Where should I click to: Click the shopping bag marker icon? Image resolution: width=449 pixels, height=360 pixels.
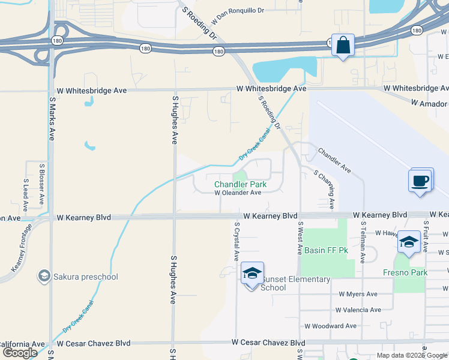tap(342, 46)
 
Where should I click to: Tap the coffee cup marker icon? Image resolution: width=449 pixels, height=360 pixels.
tap(420, 180)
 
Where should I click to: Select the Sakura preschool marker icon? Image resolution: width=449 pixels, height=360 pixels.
tap(44, 277)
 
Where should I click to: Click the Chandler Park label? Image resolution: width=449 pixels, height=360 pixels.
tap(241, 184)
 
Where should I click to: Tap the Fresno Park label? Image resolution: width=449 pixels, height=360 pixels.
tap(405, 272)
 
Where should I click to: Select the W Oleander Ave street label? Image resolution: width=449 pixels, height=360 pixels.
tap(238, 193)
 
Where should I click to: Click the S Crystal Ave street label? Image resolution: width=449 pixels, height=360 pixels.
tap(237, 241)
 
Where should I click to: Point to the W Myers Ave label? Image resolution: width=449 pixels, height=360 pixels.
tap(358, 294)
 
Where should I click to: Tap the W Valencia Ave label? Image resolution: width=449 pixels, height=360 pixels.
tap(358, 310)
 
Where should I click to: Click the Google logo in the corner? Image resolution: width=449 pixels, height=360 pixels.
tap(20, 353)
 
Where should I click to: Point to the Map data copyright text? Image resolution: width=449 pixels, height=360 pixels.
tap(412, 355)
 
